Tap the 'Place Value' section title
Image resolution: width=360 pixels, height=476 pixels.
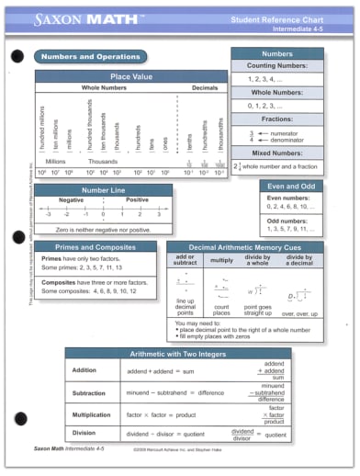click(131, 76)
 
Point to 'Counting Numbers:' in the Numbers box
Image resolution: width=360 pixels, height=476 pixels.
click(276, 68)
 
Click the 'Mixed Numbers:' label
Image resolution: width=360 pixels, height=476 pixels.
click(276, 153)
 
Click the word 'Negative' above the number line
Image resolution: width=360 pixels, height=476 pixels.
click(71, 199)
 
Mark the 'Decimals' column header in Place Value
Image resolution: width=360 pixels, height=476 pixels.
click(204, 88)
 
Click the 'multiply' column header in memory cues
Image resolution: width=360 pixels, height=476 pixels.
click(221, 260)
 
